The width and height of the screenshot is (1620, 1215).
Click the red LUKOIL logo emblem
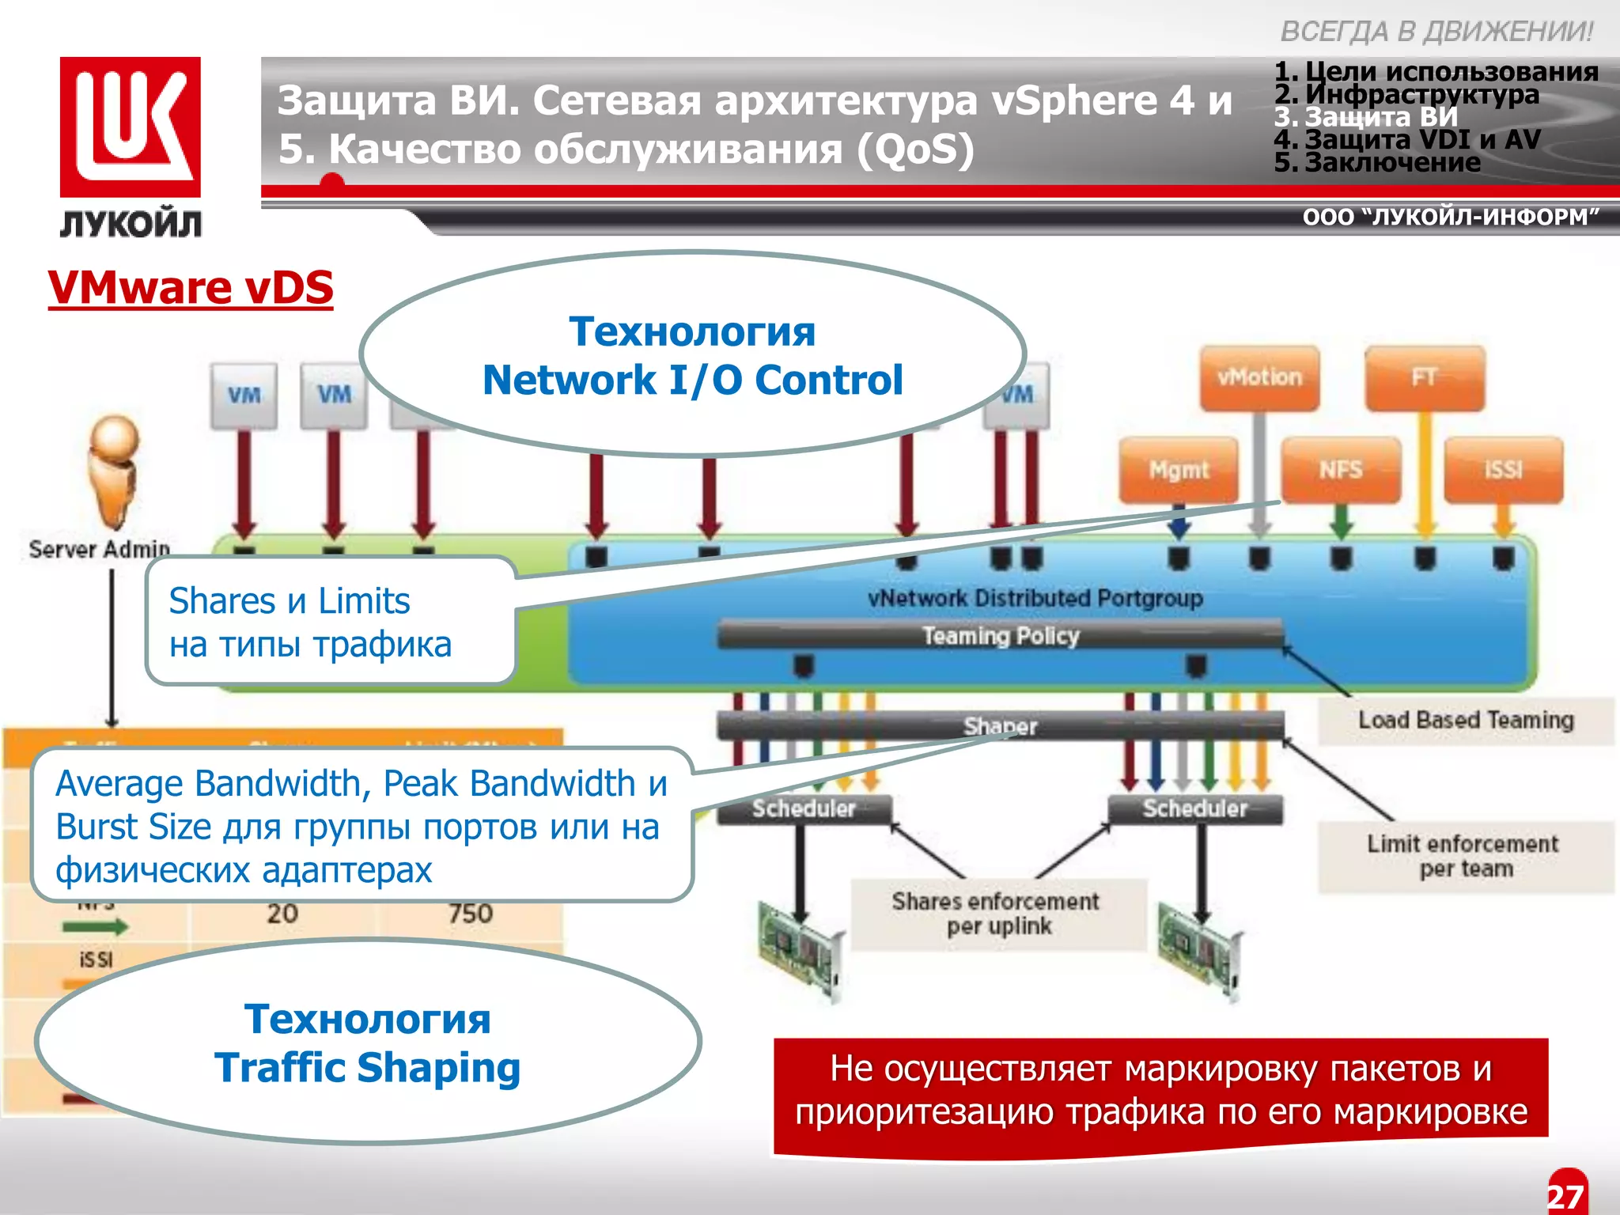131,127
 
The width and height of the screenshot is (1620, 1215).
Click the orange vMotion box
1259,378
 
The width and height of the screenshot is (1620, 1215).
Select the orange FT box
1425,378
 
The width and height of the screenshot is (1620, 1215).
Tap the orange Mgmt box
1179,470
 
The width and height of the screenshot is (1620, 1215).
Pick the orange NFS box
1341,470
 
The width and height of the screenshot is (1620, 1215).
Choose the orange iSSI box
1503,470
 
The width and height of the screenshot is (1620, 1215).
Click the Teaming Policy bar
1000,636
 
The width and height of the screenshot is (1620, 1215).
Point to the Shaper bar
1000,725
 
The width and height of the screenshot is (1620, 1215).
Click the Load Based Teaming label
1466,721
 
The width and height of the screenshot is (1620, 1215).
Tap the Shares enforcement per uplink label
996,914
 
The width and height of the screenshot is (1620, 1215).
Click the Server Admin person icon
114,471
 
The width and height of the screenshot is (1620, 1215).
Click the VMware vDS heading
191,287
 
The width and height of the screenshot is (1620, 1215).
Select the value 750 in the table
470,914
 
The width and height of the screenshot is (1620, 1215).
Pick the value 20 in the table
282,914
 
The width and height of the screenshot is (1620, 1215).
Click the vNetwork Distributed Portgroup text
1035,598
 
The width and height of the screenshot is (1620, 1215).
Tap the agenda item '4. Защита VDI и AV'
1407,140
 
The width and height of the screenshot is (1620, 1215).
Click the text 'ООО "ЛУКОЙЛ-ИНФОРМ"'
1450,217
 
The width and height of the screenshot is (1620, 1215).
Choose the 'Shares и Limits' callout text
290,601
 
